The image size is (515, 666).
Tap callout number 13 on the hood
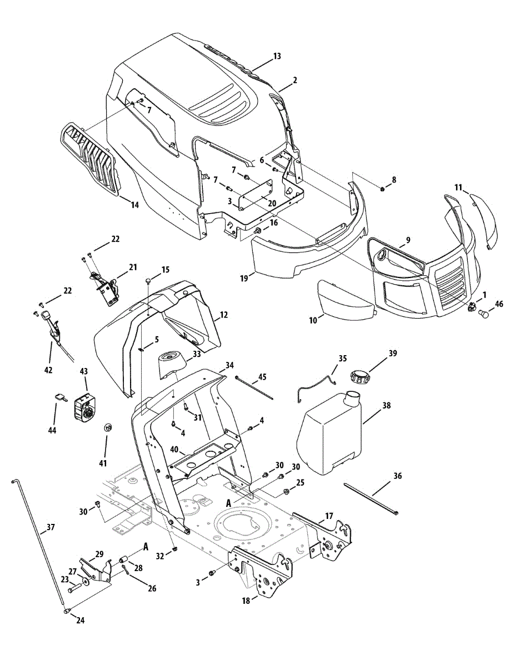tap(277, 56)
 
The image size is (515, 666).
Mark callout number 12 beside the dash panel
tap(223, 315)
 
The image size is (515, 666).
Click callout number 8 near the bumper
tap(394, 179)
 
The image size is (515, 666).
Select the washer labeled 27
tap(84, 581)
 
